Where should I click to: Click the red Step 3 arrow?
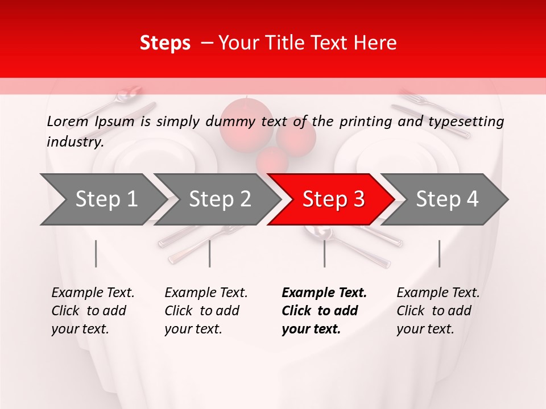pyautogui.click(x=333, y=199)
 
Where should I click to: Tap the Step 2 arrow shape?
pyautogui.click(x=220, y=199)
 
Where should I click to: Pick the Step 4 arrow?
pyautogui.click(x=447, y=199)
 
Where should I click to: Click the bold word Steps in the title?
pyautogui.click(x=165, y=43)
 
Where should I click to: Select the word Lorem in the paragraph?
pyautogui.click(x=68, y=121)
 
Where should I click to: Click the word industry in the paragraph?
pyautogui.click(x=75, y=141)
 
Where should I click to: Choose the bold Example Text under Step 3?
pyautogui.click(x=324, y=293)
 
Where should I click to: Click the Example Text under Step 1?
pyautogui.click(x=93, y=293)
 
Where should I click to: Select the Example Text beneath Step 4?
pyautogui.click(x=438, y=293)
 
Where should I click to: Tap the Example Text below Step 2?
pyautogui.click(x=206, y=293)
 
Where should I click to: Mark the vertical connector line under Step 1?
pyautogui.click(x=96, y=253)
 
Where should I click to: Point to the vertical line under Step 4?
pyautogui.click(x=439, y=253)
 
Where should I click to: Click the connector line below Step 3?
pyautogui.click(x=324, y=253)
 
